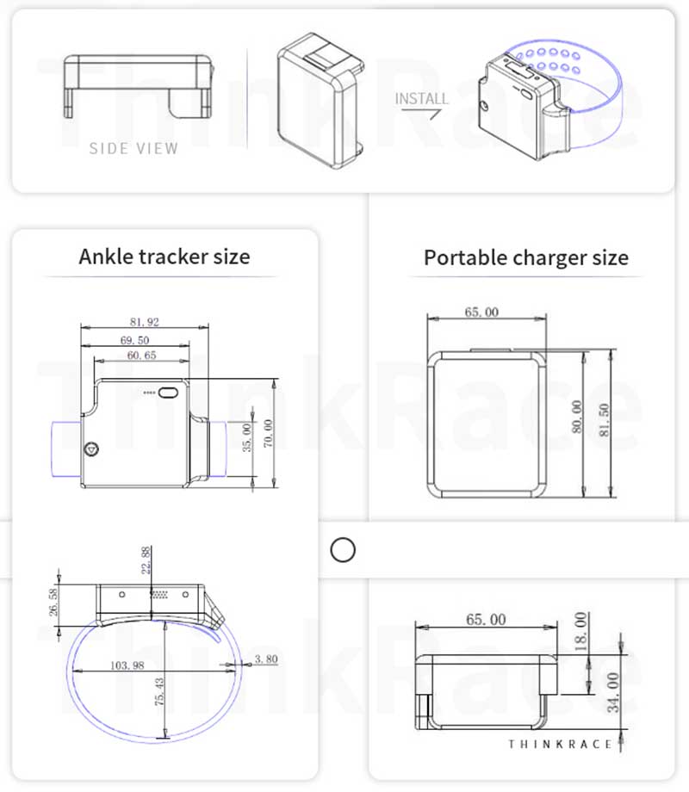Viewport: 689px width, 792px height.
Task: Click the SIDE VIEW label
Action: pos(133,148)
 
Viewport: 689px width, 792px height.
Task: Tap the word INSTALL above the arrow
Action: pos(422,98)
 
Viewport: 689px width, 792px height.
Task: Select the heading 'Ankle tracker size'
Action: pos(164,257)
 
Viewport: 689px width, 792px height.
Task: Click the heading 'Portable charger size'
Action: pos(525,257)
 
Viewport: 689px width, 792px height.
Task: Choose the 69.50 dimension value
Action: pos(136,340)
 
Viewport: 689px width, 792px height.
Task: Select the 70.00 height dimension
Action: pos(268,430)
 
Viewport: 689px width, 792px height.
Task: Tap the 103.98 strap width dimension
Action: pos(127,665)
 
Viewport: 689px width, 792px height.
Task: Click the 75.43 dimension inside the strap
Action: pos(158,692)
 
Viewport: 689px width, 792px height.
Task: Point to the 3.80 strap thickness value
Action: pos(267,660)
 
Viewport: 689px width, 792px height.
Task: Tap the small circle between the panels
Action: pos(343,549)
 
